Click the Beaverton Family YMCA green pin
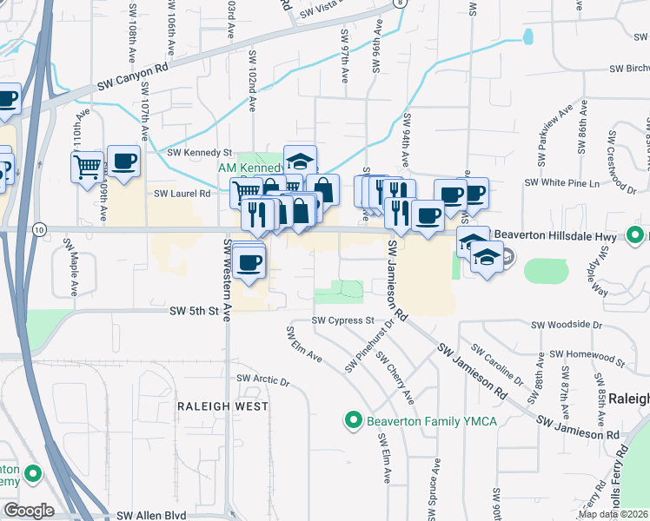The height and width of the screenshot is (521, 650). click(354, 421)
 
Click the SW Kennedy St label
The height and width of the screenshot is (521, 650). click(200, 153)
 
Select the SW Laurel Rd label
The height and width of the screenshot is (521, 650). click(182, 195)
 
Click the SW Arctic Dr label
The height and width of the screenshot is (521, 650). click(262, 379)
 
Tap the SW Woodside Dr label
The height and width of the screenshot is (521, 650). click(567, 325)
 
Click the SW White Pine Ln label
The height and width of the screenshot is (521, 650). click(563, 183)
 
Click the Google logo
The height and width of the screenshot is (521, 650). click(29, 511)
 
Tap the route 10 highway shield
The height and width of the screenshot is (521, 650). click(40, 229)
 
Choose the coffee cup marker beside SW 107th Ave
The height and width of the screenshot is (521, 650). click(123, 161)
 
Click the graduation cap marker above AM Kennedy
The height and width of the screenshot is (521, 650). click(300, 161)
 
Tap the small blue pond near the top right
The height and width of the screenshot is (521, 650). click(527, 37)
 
